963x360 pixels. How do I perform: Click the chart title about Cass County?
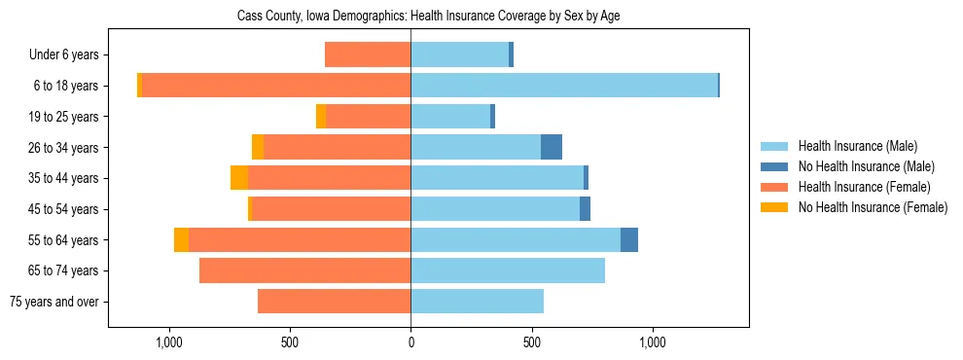429,17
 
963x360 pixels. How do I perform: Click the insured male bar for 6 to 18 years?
564,86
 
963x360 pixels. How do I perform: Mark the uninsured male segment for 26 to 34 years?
552,147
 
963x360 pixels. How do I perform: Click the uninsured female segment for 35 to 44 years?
239,178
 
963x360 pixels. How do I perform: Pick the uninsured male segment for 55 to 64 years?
629,239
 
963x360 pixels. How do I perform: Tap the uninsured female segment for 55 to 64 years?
181,239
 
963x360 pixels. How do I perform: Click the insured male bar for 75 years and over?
477,302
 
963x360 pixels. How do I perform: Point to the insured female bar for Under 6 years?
368,54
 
